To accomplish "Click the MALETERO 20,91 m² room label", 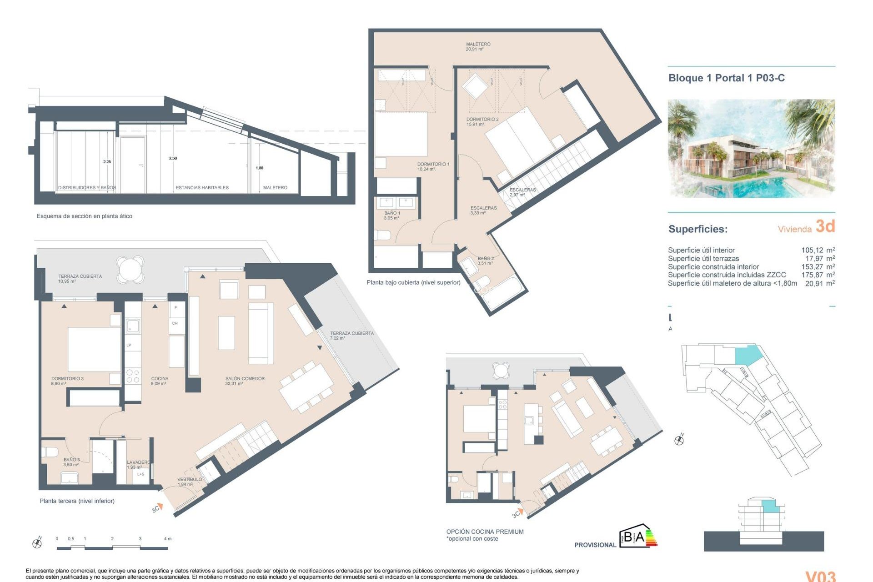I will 478,47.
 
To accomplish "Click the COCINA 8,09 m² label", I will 160,381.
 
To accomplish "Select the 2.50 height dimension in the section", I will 173,158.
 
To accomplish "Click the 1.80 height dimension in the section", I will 259,168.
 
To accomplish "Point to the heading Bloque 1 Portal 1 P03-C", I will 726,78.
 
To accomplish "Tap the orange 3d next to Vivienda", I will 825,226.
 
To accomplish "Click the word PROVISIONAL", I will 595,545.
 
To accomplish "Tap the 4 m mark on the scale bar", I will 167,539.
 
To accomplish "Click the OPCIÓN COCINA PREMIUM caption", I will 485,532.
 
